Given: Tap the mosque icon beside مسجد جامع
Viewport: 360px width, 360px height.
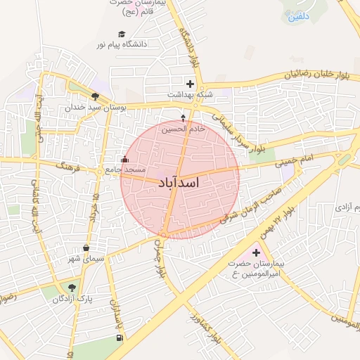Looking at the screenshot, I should pos(125,160).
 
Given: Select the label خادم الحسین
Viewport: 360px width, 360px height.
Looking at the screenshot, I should pos(184,129).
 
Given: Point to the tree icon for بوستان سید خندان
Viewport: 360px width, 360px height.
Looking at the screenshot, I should pos(95,96).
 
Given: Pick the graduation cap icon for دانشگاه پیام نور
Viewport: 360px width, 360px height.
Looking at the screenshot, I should pos(122,34).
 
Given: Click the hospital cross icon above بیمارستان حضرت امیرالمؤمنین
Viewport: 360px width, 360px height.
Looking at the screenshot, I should pos(256,252).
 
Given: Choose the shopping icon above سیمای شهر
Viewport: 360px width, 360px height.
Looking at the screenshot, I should pos(86,247).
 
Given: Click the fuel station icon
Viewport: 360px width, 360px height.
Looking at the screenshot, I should pos(119,337).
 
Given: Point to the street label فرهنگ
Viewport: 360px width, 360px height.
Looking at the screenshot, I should pos(72,169).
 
